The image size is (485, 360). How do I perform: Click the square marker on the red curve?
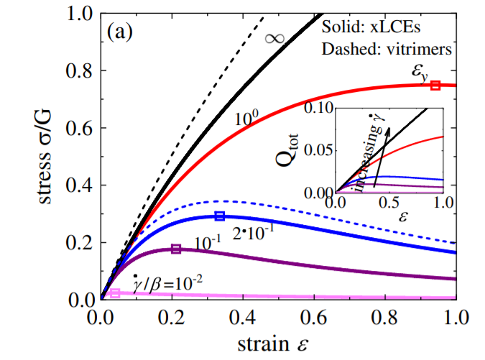(435, 86)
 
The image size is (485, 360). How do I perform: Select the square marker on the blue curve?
(221, 216)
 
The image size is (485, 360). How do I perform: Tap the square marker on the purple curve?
(175, 249)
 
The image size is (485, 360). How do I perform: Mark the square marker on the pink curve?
(115, 293)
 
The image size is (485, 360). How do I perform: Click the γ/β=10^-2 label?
(167, 281)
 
